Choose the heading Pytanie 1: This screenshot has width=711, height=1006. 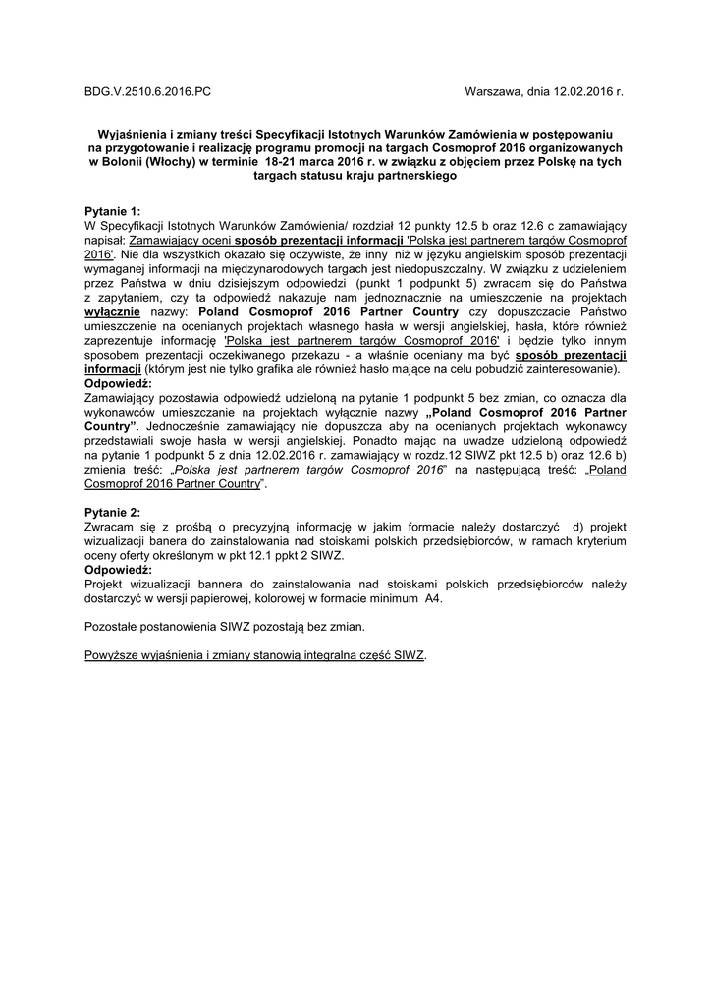click(113, 211)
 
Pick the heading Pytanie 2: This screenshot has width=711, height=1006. click(113, 512)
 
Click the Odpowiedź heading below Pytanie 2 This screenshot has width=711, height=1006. click(119, 569)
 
